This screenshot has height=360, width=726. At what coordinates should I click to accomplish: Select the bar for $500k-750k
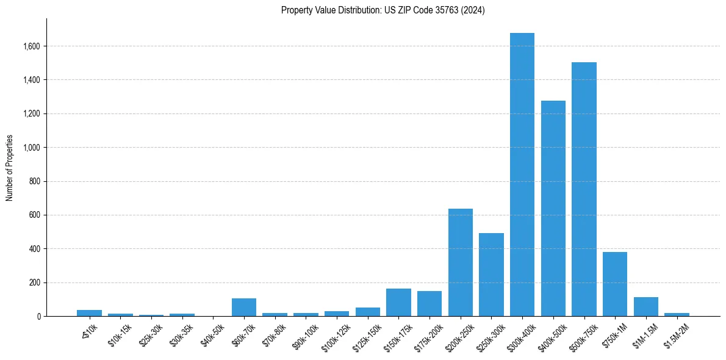point(584,189)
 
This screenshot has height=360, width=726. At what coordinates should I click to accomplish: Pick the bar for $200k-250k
point(460,262)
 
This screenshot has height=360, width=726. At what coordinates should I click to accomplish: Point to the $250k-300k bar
point(491,275)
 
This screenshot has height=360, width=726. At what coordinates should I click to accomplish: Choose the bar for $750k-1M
point(614,284)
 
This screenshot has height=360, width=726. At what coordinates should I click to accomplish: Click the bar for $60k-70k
point(243,308)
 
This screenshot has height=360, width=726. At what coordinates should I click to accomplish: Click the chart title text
point(383,10)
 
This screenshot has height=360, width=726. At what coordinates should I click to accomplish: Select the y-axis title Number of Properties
point(10,168)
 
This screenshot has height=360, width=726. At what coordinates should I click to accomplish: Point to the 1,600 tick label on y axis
point(31,46)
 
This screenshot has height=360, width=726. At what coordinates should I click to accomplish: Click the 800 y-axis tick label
point(35,181)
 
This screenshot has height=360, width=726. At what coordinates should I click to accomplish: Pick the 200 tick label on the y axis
point(35,283)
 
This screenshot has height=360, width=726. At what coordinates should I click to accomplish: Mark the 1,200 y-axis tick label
point(31,113)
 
